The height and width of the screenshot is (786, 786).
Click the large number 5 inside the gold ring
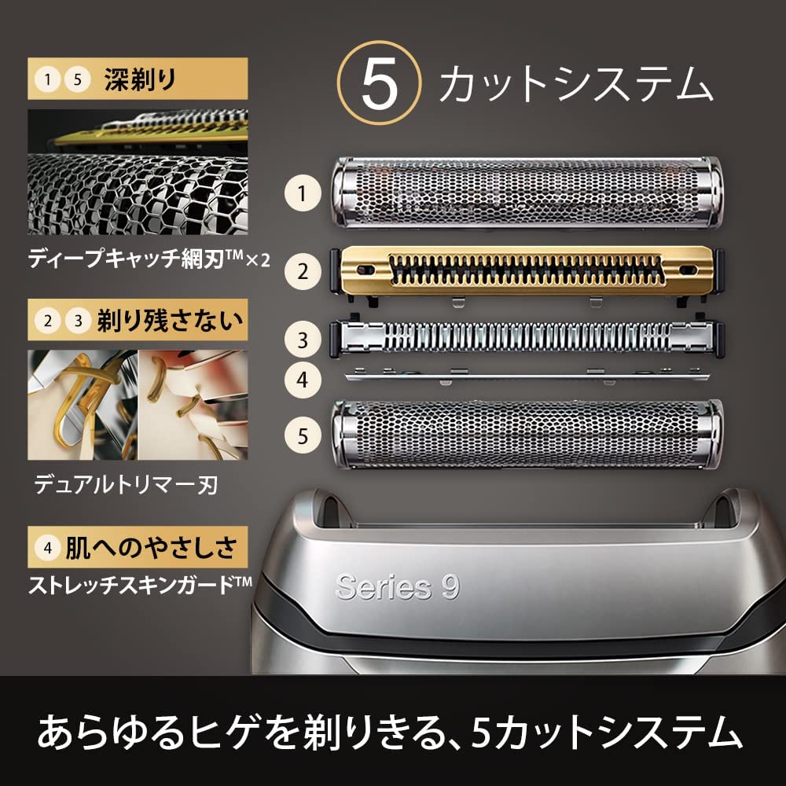379,83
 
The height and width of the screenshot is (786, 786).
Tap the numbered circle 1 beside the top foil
303,193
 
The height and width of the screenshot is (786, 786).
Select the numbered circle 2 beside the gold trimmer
303,272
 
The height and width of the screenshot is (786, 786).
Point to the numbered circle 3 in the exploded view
303,340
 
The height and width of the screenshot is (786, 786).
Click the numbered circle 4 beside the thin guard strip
303,380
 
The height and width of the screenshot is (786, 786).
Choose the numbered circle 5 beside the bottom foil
303,435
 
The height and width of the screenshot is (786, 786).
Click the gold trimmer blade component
527,274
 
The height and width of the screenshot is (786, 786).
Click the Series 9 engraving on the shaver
398,586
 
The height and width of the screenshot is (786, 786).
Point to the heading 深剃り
141,79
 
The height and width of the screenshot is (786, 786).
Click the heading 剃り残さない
170,321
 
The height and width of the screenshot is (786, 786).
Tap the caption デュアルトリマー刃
125,485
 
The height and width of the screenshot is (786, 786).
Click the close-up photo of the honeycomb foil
138,172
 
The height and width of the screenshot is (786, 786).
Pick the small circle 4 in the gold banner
48,547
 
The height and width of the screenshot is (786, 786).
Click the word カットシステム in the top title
575,84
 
